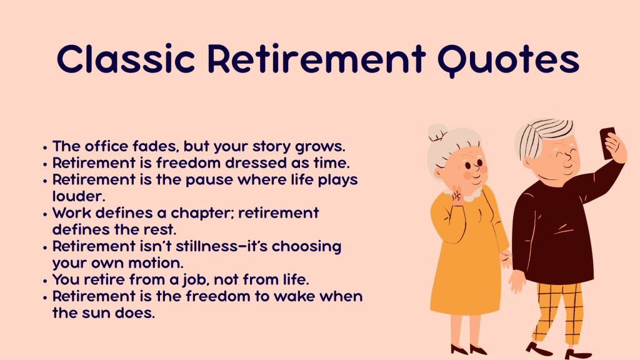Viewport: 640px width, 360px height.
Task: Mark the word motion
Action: click(162, 262)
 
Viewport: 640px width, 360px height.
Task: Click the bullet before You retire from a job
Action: click(46, 280)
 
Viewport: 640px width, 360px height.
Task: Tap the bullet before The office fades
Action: click(46, 147)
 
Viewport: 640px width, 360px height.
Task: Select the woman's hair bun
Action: click(436, 132)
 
